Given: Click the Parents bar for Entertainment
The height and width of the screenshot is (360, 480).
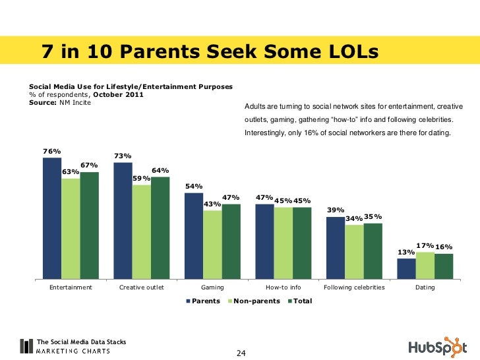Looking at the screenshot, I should coord(52,218).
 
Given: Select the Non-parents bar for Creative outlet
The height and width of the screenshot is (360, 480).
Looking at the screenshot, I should coord(142,231).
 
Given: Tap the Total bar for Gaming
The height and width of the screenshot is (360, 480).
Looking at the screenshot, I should coord(231,241).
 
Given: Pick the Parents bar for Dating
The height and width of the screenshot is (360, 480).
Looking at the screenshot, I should coord(406,268).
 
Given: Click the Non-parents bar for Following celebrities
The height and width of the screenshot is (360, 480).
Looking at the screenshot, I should coord(354,251).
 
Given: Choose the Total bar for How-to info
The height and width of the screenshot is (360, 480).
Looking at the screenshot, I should coord(302,243).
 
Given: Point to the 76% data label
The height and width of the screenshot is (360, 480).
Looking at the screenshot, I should coord(52,151).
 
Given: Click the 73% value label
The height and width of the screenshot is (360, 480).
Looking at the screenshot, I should coord(123,156).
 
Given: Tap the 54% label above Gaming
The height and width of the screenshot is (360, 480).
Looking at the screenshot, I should coord(194,187).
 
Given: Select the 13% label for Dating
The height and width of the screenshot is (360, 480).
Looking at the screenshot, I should coord(405,253).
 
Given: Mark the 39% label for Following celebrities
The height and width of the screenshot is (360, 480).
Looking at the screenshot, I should coord(336,210).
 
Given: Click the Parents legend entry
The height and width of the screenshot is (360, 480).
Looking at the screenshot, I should coord(202,301).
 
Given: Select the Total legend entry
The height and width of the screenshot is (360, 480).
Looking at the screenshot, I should coord(301,301).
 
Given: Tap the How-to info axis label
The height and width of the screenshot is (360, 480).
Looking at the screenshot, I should coord(283,287).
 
